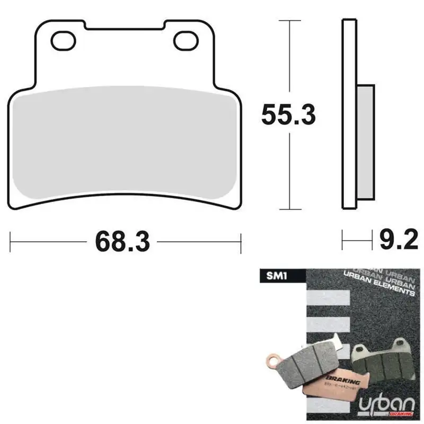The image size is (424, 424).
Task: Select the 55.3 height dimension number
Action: pos(289,115)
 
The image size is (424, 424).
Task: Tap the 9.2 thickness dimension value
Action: pos(399,241)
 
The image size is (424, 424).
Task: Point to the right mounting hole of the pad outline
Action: pos(184,38)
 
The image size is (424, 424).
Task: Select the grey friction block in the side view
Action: pos(366,146)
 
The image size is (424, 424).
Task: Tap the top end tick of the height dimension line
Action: pos(289,21)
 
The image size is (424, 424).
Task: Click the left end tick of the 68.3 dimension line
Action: pos(11,242)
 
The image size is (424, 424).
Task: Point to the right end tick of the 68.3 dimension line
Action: pos(241,242)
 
